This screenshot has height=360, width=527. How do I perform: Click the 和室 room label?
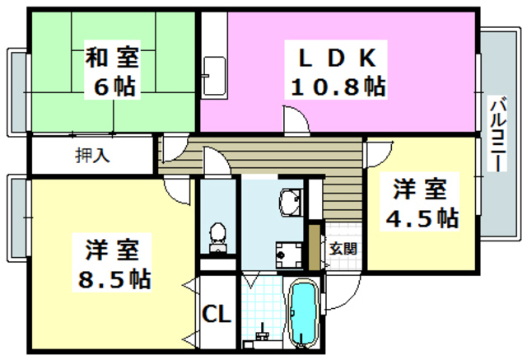click(113, 58)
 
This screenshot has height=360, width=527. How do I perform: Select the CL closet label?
click(217, 315)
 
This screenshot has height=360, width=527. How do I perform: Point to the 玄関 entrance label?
click(343, 247)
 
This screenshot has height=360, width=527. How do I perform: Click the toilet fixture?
click(218, 236)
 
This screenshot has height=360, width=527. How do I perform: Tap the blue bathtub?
click(303, 314)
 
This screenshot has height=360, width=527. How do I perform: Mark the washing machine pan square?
click(288, 255)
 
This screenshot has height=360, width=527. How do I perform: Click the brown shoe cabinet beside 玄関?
click(314, 245)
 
